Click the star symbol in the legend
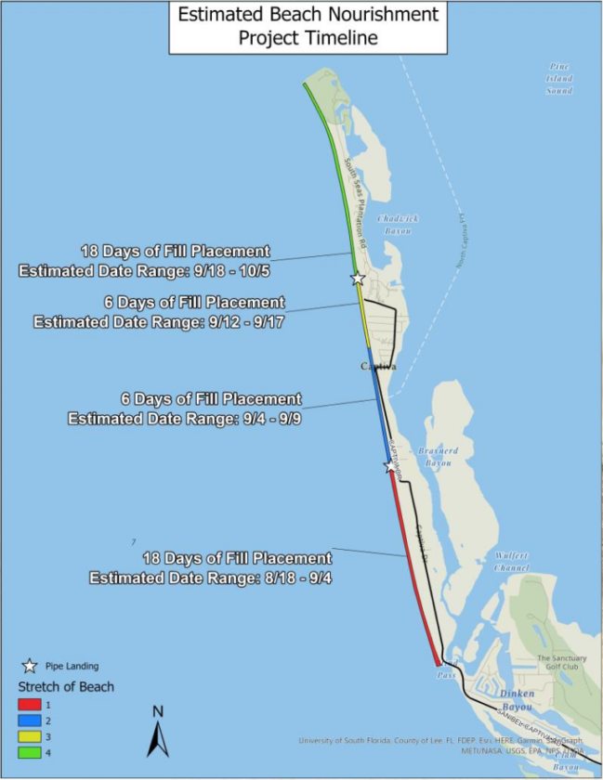point(30,665)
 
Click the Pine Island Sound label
point(559,79)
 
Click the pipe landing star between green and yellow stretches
point(357,278)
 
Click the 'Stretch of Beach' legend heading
point(67,686)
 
